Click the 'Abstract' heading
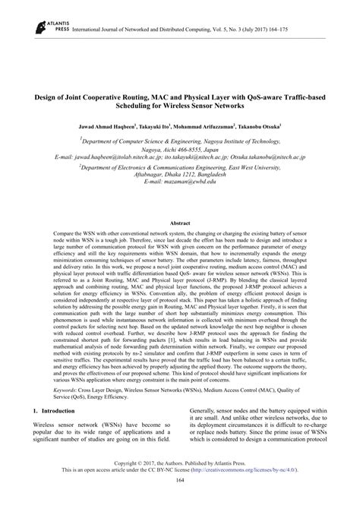pos(179,202)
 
